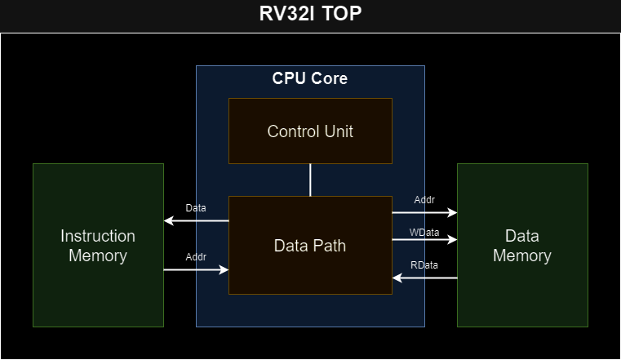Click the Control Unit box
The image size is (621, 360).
pyautogui.click(x=310, y=131)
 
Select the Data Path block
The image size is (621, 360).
pyautogui.click(x=310, y=245)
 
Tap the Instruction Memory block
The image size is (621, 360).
pyautogui.click(x=98, y=245)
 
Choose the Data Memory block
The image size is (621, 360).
pyautogui.click(x=522, y=245)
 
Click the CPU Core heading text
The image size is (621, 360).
pyautogui.click(x=310, y=79)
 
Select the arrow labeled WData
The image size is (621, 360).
pyautogui.click(x=424, y=241)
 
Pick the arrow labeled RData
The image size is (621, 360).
pyautogui.click(x=424, y=278)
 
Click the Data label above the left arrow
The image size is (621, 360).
pyautogui.click(x=196, y=208)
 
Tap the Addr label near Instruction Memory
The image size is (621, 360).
pyautogui.click(x=196, y=256)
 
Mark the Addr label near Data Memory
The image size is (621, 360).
pyautogui.click(x=425, y=200)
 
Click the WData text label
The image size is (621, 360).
pyautogui.click(x=424, y=233)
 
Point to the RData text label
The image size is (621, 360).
pyautogui.click(x=424, y=265)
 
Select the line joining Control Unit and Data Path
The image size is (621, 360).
pyautogui.click(x=310, y=180)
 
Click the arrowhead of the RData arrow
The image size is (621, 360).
pyautogui.click(x=397, y=278)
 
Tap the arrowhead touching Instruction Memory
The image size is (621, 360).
pyautogui.click(x=168, y=220)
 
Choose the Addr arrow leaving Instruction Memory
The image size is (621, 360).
pyautogui.click(x=196, y=269)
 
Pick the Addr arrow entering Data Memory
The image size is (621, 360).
pyautogui.click(x=424, y=212)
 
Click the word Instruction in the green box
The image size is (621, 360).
pyautogui.click(x=98, y=236)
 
